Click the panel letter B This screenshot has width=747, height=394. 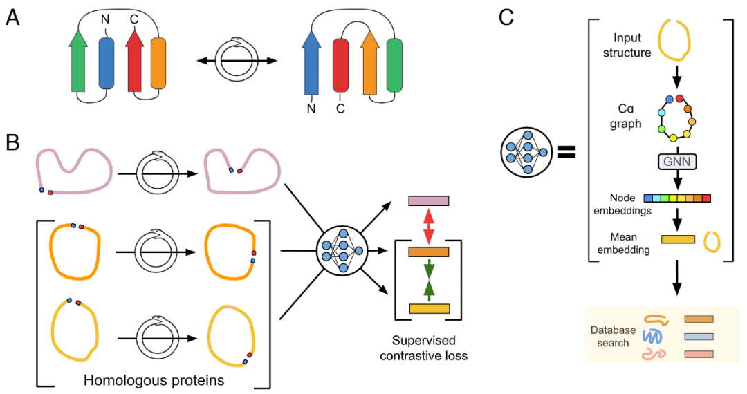pyautogui.click(x=12, y=142)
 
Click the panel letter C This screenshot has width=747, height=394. pyautogui.click(x=506, y=18)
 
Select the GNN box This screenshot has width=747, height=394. pyautogui.click(x=676, y=162)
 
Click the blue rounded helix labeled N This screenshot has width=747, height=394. pyautogui.click(x=107, y=64)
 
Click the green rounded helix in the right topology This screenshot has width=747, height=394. pyautogui.click(x=394, y=65)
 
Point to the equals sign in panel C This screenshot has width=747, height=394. pyautogui.click(x=567, y=152)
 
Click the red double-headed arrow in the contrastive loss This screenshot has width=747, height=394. pyautogui.click(x=429, y=227)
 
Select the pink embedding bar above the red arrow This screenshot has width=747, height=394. pyautogui.click(x=428, y=201)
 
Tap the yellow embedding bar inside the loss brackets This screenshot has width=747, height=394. pyautogui.click(x=430, y=309)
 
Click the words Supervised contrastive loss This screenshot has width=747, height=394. pyautogui.click(x=423, y=348)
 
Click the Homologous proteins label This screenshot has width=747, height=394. pyautogui.click(x=154, y=380)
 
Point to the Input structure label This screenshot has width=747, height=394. pyautogui.click(x=627, y=45)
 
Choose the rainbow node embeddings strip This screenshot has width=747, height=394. pyautogui.click(x=677, y=198)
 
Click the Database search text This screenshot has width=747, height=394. pyautogui.click(x=613, y=337)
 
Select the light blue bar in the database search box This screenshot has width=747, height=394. pyautogui.click(x=699, y=337)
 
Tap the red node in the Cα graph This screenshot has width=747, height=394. pyautogui.click(x=679, y=99)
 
